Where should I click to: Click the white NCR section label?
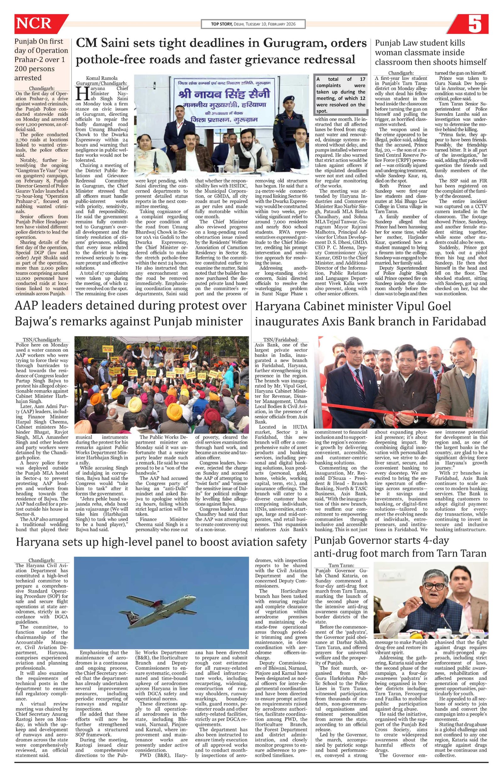point(34,24)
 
